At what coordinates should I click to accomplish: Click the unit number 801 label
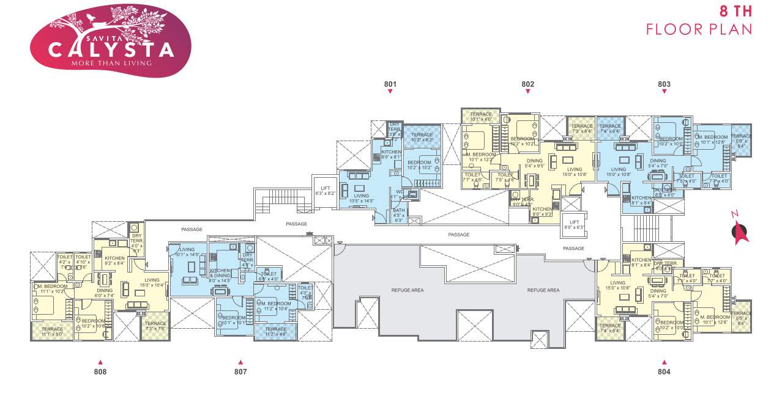(x=390, y=84)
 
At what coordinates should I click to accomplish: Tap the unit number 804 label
(x=664, y=372)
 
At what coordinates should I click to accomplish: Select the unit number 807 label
(x=240, y=372)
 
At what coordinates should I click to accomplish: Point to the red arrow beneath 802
(x=527, y=92)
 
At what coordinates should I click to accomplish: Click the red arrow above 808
(x=100, y=362)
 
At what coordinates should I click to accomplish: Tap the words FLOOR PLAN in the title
(x=699, y=29)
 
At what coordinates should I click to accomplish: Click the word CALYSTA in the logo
(x=111, y=48)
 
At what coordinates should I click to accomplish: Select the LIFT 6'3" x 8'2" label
(x=325, y=190)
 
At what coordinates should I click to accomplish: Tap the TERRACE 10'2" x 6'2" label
(x=422, y=137)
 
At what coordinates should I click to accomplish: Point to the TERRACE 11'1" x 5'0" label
(x=52, y=332)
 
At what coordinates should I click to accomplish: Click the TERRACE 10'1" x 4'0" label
(x=481, y=117)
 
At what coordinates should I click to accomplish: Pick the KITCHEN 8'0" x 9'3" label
(x=542, y=211)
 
